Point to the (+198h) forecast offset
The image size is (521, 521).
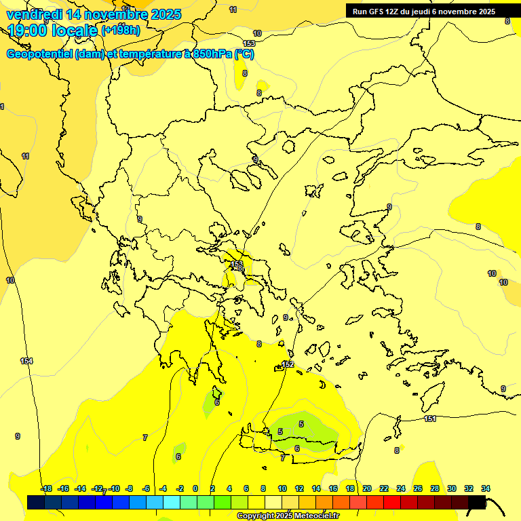pyautogui.click(x=121, y=31)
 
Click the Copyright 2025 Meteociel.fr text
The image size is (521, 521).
pyautogui.click(x=287, y=516)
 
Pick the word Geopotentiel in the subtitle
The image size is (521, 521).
pyautogui.click(x=39, y=54)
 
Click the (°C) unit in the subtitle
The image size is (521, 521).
pyautogui.click(x=244, y=54)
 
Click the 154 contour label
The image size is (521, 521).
pyautogui.click(x=26, y=361)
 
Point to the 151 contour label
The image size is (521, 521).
pyautogui.click(x=430, y=419)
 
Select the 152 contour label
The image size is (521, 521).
pyautogui.click(x=288, y=365)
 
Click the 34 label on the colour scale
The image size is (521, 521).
pyautogui.click(x=486, y=488)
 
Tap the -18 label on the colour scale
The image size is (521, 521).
pyautogui.click(x=46, y=488)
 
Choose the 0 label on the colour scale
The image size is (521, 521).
pyautogui.click(x=195, y=488)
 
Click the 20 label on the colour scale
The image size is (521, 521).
pyautogui.click(x=367, y=488)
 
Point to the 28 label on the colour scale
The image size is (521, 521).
pyautogui.click(x=435, y=488)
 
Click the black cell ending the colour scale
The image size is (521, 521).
pyautogui.click(x=477, y=502)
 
